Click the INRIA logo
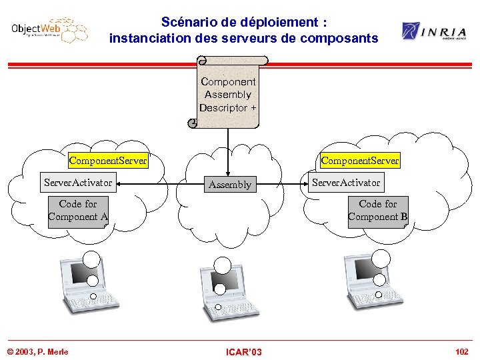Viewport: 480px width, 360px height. coord(433,31)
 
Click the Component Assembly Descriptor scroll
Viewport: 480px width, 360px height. coord(228,93)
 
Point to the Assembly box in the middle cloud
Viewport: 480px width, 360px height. coord(229,185)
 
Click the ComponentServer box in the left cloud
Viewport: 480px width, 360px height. coord(108,161)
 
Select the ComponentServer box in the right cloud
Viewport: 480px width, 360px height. coord(360,161)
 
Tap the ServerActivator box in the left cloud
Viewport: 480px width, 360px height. coord(78,181)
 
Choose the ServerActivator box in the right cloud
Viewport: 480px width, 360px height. coord(347,182)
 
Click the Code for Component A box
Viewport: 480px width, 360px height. coord(78,211)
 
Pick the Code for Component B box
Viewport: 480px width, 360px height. coord(377,211)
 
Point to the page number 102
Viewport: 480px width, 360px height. coord(461,351)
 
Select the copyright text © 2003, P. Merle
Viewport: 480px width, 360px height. coord(37,351)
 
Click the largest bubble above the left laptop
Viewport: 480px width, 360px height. coord(91,259)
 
